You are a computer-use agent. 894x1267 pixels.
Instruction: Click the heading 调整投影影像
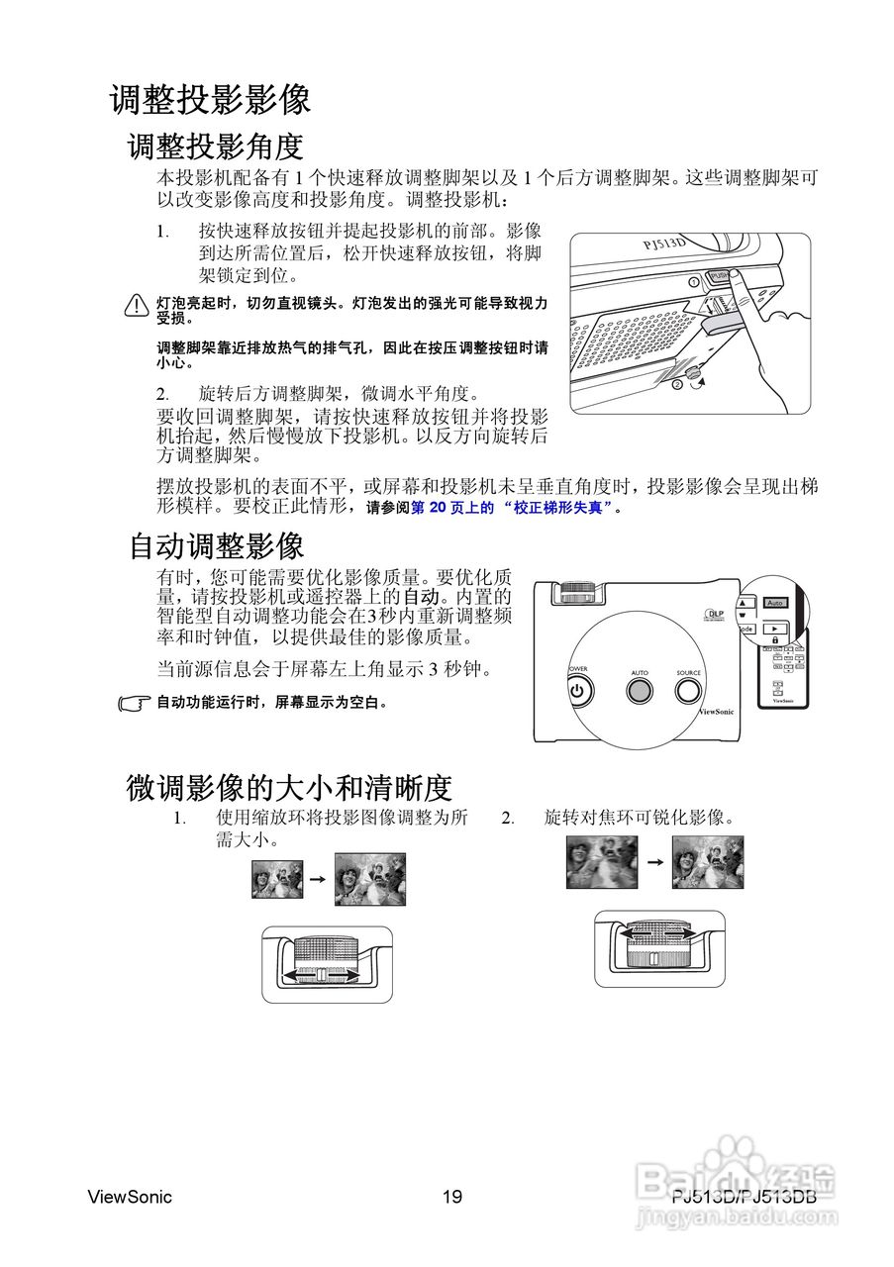[210, 100]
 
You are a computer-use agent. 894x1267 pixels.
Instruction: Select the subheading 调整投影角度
[215, 146]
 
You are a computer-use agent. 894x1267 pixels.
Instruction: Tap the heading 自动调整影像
[216, 545]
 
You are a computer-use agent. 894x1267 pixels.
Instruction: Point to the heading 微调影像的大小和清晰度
[288, 788]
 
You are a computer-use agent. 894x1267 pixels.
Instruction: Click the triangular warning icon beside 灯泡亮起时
[137, 306]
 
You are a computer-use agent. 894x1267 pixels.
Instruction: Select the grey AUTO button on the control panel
[639, 690]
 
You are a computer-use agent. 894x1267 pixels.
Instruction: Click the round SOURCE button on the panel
[688, 690]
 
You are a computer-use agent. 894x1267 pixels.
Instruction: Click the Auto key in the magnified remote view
[775, 602]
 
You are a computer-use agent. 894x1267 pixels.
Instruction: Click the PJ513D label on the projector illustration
[664, 244]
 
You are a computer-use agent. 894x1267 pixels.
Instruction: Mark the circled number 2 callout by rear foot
[677, 383]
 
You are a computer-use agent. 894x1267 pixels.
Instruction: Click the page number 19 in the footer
[452, 1197]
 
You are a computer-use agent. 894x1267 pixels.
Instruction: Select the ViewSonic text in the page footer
[130, 1197]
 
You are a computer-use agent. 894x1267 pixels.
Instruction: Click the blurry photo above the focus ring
[601, 861]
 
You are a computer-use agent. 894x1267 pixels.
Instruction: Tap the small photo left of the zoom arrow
[273, 878]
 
